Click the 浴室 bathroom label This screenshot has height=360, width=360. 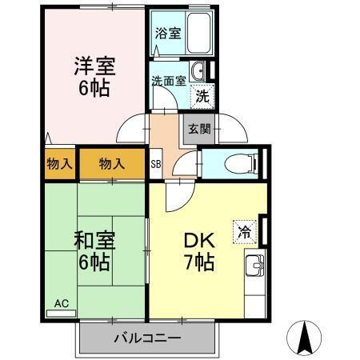(167, 34)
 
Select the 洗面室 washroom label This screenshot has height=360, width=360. (169, 80)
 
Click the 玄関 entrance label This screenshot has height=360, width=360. (199, 129)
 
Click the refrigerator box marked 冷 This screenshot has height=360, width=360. (242, 230)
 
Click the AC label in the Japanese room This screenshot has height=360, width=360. (62, 303)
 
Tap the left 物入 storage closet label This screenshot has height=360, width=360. (60, 164)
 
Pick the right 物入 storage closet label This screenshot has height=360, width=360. (113, 164)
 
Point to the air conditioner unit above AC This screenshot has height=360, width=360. (62, 313)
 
